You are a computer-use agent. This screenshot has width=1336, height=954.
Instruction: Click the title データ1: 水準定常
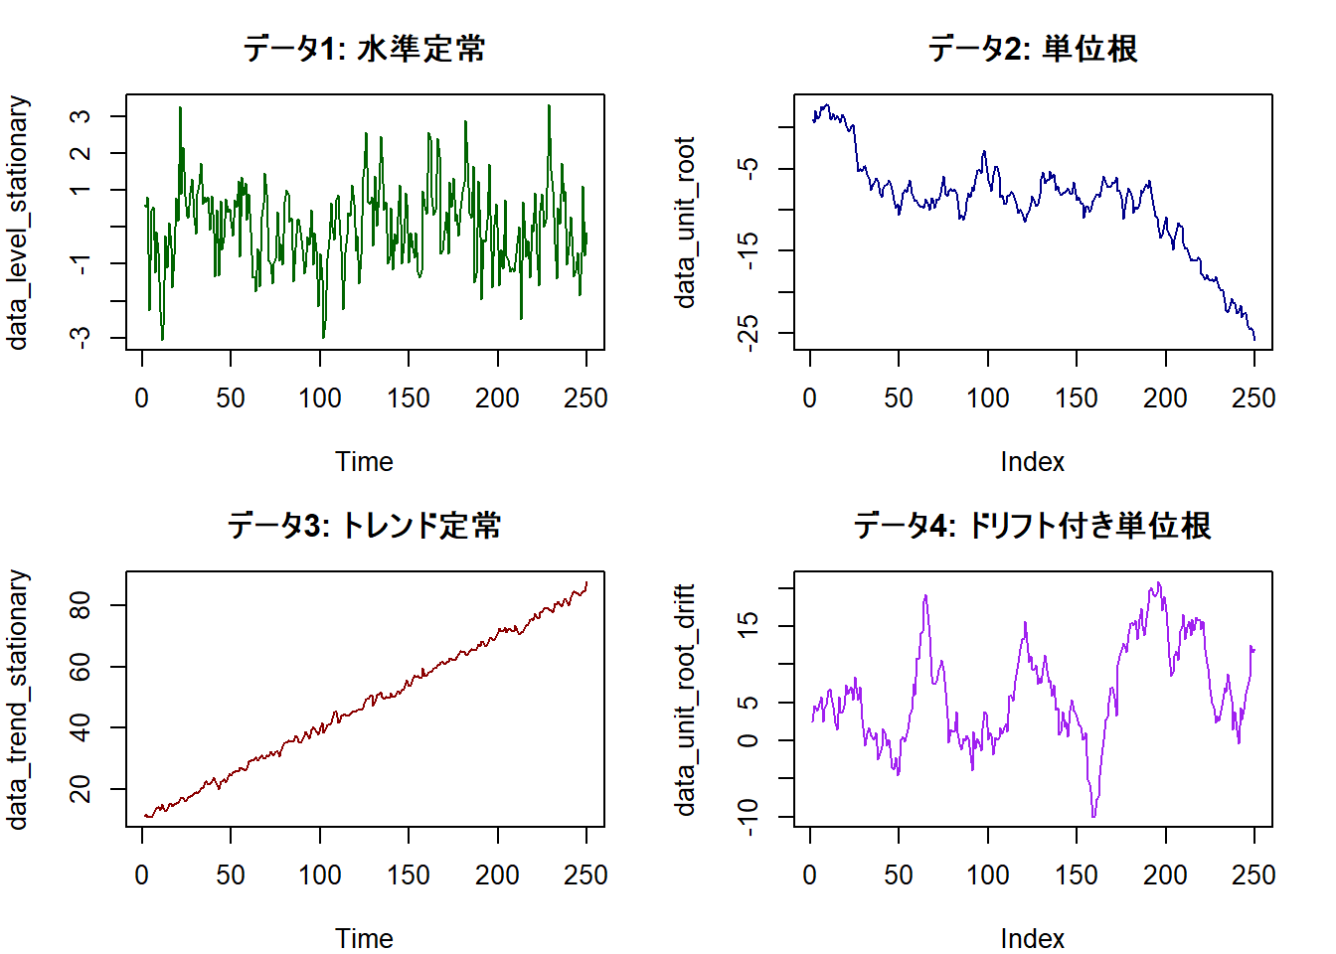pos(364,48)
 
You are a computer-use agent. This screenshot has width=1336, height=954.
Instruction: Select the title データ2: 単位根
pos(1032,48)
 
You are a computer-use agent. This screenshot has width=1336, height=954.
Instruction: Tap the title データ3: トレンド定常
pos(364,525)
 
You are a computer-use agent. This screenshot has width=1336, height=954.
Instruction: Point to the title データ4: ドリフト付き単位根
pos(1032,525)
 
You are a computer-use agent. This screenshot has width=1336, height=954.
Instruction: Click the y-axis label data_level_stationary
pos(17,223)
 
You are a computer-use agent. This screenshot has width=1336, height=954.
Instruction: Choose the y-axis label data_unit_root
pos(685,223)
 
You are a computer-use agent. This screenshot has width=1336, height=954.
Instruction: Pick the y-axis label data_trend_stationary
pos(17,700)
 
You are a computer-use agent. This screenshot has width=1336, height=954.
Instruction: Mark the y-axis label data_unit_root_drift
pos(685,700)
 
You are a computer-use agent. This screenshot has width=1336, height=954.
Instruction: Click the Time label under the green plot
pos(364,461)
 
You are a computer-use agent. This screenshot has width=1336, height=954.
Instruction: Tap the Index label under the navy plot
pos(1032,461)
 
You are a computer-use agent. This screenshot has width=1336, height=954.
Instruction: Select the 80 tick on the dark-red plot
pos(81,605)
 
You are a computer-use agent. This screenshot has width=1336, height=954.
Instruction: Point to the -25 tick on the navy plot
pos(749,329)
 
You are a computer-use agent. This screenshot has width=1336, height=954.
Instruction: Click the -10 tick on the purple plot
pos(749,817)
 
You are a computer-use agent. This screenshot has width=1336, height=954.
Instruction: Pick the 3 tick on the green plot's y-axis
pos(81,116)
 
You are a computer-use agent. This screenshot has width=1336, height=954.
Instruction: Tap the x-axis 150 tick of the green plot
pos(409,398)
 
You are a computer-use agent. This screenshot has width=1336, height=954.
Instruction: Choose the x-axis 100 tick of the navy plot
pos(987,398)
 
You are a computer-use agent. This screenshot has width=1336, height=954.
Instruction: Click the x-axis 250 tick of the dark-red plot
pos(585,875)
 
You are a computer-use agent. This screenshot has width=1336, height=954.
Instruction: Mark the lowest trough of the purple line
pos(1093,817)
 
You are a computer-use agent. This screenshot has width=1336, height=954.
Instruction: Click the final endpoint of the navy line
pos(1253,340)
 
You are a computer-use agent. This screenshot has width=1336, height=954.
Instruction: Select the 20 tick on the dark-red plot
pos(81,789)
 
